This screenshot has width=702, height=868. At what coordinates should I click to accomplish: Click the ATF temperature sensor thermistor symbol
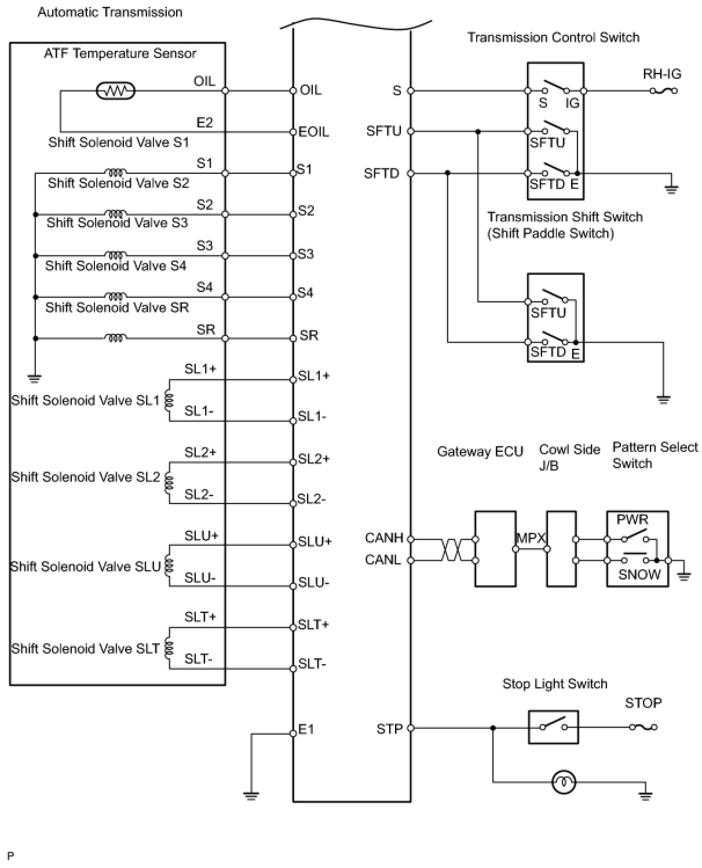[x=115, y=90]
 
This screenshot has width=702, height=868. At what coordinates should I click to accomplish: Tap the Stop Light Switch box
[x=553, y=727]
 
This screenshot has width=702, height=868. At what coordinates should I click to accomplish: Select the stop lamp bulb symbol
[x=564, y=783]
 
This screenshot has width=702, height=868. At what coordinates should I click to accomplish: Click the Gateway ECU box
[x=495, y=548]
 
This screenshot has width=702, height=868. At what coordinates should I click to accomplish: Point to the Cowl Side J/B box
[x=561, y=548]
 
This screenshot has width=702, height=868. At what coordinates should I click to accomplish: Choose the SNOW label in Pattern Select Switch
[x=639, y=574]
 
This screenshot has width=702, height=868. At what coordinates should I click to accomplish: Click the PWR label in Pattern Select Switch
[x=632, y=520]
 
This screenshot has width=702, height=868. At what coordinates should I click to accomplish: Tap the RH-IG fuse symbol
[x=664, y=90]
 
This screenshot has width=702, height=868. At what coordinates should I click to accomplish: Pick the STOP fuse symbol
[x=643, y=727]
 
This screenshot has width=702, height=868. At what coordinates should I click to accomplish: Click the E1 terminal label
[x=306, y=730]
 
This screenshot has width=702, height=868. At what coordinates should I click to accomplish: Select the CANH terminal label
[x=384, y=538]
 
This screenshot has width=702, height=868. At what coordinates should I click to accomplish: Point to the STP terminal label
[x=389, y=728]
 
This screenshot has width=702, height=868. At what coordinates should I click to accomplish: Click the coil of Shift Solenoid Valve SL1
[x=169, y=400]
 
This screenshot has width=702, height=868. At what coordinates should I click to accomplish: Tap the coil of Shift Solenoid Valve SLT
[x=169, y=648]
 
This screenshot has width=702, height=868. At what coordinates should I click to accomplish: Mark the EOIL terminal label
[x=314, y=132]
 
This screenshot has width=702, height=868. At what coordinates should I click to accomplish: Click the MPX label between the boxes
[x=531, y=538]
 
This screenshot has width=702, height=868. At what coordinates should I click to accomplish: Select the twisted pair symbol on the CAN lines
[x=452, y=549]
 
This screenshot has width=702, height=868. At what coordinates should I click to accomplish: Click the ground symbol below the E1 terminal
[x=251, y=794]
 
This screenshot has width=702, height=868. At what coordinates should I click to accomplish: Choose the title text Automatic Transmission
[x=110, y=12]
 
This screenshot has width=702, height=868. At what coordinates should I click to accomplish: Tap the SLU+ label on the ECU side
[x=315, y=542]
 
